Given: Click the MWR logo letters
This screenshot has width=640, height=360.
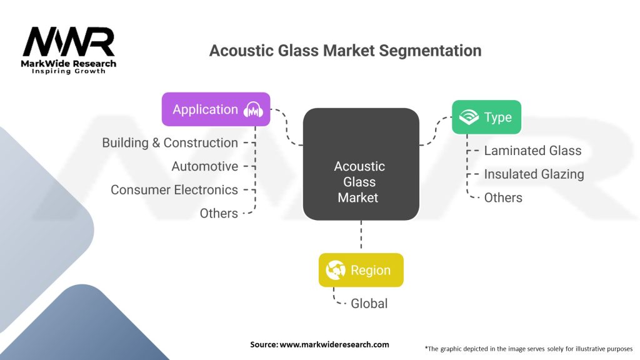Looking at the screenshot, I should tap(69, 42).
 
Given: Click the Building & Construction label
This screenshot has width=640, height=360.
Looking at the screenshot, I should tap(170, 143).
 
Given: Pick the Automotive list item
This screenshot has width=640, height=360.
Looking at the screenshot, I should tap(204, 167).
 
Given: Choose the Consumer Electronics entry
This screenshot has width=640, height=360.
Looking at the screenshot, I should tap(174, 190).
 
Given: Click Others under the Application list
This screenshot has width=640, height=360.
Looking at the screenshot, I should tap(219, 214).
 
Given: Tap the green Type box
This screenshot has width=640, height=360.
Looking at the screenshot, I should tap(486, 117).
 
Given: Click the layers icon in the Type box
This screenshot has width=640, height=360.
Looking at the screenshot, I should tap(468, 117).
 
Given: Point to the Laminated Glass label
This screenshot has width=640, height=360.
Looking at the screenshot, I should tap(532, 151).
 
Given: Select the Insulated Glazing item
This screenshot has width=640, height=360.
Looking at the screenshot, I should tap(534, 174).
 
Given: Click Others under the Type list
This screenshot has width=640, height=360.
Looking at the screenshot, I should tap(503, 197).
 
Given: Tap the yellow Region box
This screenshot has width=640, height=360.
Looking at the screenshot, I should tap(361, 270).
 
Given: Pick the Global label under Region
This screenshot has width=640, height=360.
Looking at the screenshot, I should tap(369, 304).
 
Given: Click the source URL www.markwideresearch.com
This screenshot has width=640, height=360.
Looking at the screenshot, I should tap(334, 344).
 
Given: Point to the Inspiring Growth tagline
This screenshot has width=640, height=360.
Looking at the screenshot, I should tap(69, 71).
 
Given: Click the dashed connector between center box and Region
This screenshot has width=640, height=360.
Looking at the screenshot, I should tap(361, 236).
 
